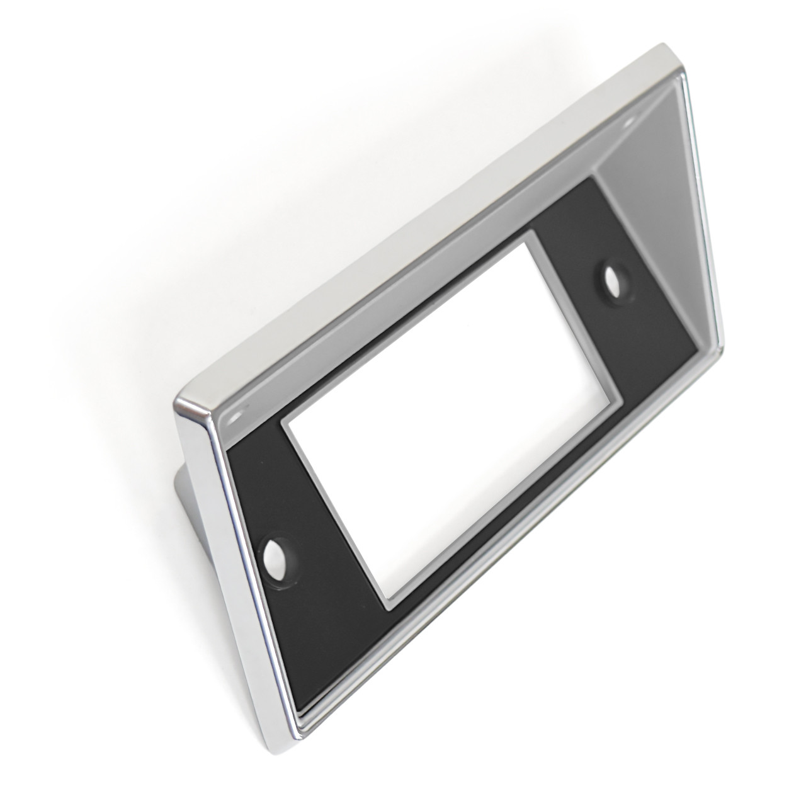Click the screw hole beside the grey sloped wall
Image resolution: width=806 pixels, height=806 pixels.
tap(611, 279)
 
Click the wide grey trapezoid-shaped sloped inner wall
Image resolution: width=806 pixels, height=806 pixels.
tap(649, 208)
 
